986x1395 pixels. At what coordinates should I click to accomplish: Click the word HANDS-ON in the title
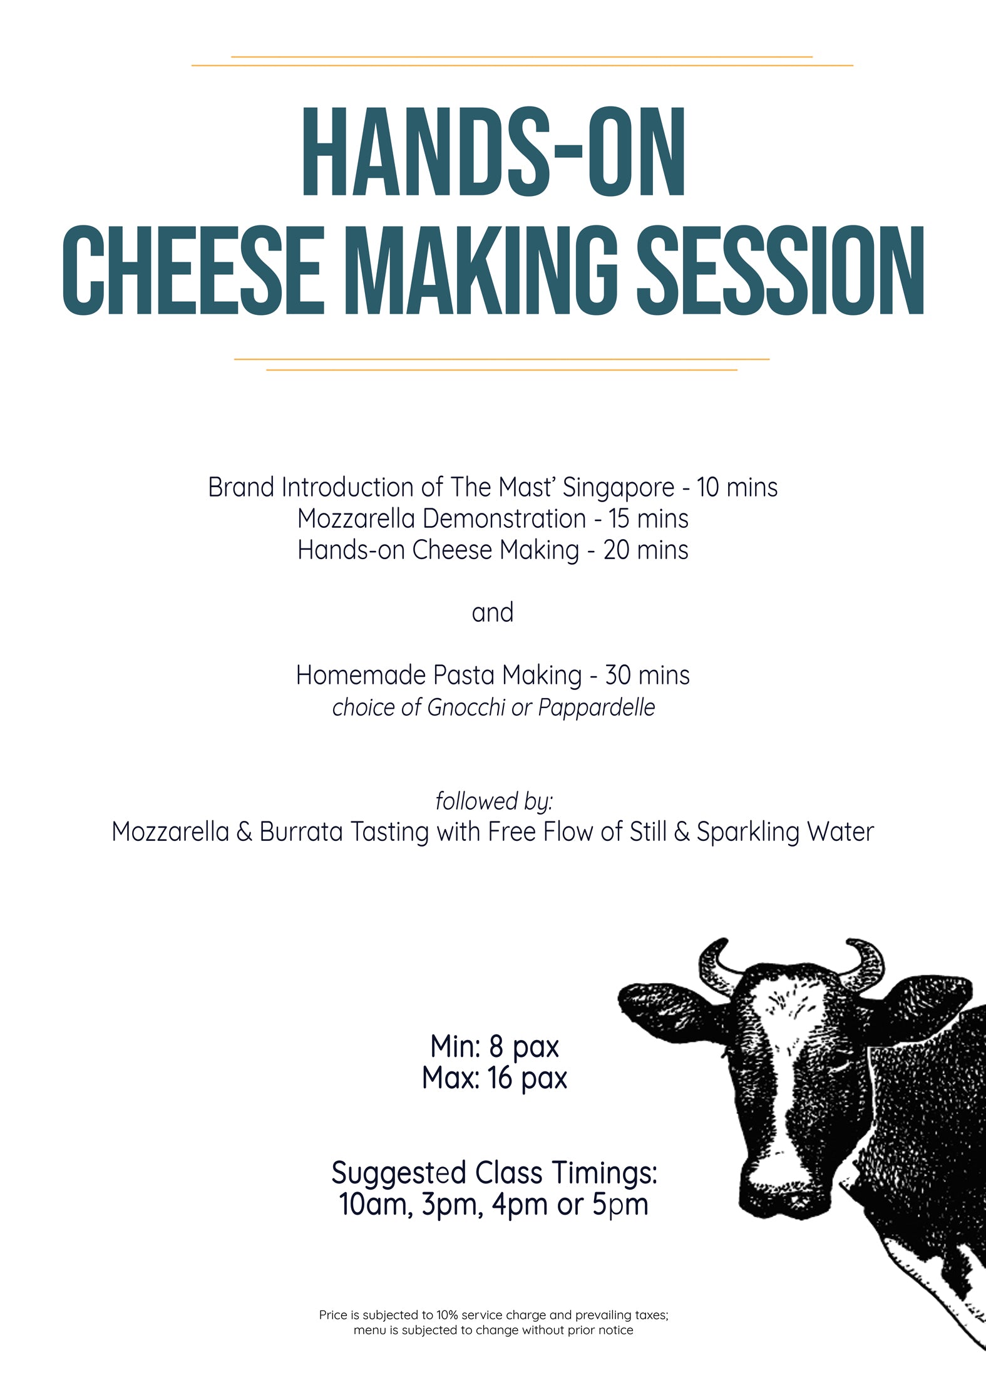point(494,152)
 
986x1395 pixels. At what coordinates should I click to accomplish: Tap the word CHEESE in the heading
point(193,270)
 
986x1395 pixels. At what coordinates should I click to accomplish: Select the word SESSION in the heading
point(781,270)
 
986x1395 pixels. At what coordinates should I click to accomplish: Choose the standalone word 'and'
point(493,613)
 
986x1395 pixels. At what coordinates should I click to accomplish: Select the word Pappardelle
point(597,708)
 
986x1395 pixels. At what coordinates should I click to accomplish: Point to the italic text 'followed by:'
point(494,802)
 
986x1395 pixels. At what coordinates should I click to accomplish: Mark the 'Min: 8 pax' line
point(495,1046)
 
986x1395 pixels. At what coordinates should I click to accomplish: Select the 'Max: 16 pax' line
point(495,1078)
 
